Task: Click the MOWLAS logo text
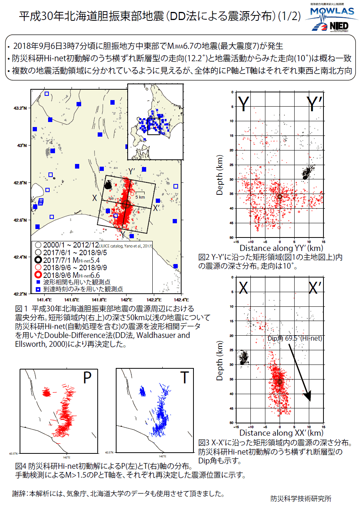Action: [x=332, y=11]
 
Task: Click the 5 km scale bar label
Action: [x=140, y=197]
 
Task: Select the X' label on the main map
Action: [x=157, y=208]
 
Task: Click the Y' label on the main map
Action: [x=132, y=171]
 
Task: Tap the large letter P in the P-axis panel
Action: [x=87, y=378]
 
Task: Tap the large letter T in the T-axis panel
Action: [x=185, y=378]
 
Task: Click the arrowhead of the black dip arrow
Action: [x=308, y=396]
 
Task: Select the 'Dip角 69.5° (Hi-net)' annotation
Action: [x=295, y=338]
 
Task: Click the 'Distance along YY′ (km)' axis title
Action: [x=281, y=248]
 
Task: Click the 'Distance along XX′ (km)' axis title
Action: [x=281, y=433]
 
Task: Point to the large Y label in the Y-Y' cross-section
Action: [x=244, y=104]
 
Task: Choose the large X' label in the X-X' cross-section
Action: [x=315, y=288]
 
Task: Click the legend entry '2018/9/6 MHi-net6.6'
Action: [x=71, y=275]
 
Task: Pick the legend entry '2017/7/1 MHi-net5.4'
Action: [x=71, y=260]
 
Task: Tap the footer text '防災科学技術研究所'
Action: [x=300, y=498]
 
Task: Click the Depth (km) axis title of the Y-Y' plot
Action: [x=220, y=175]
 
